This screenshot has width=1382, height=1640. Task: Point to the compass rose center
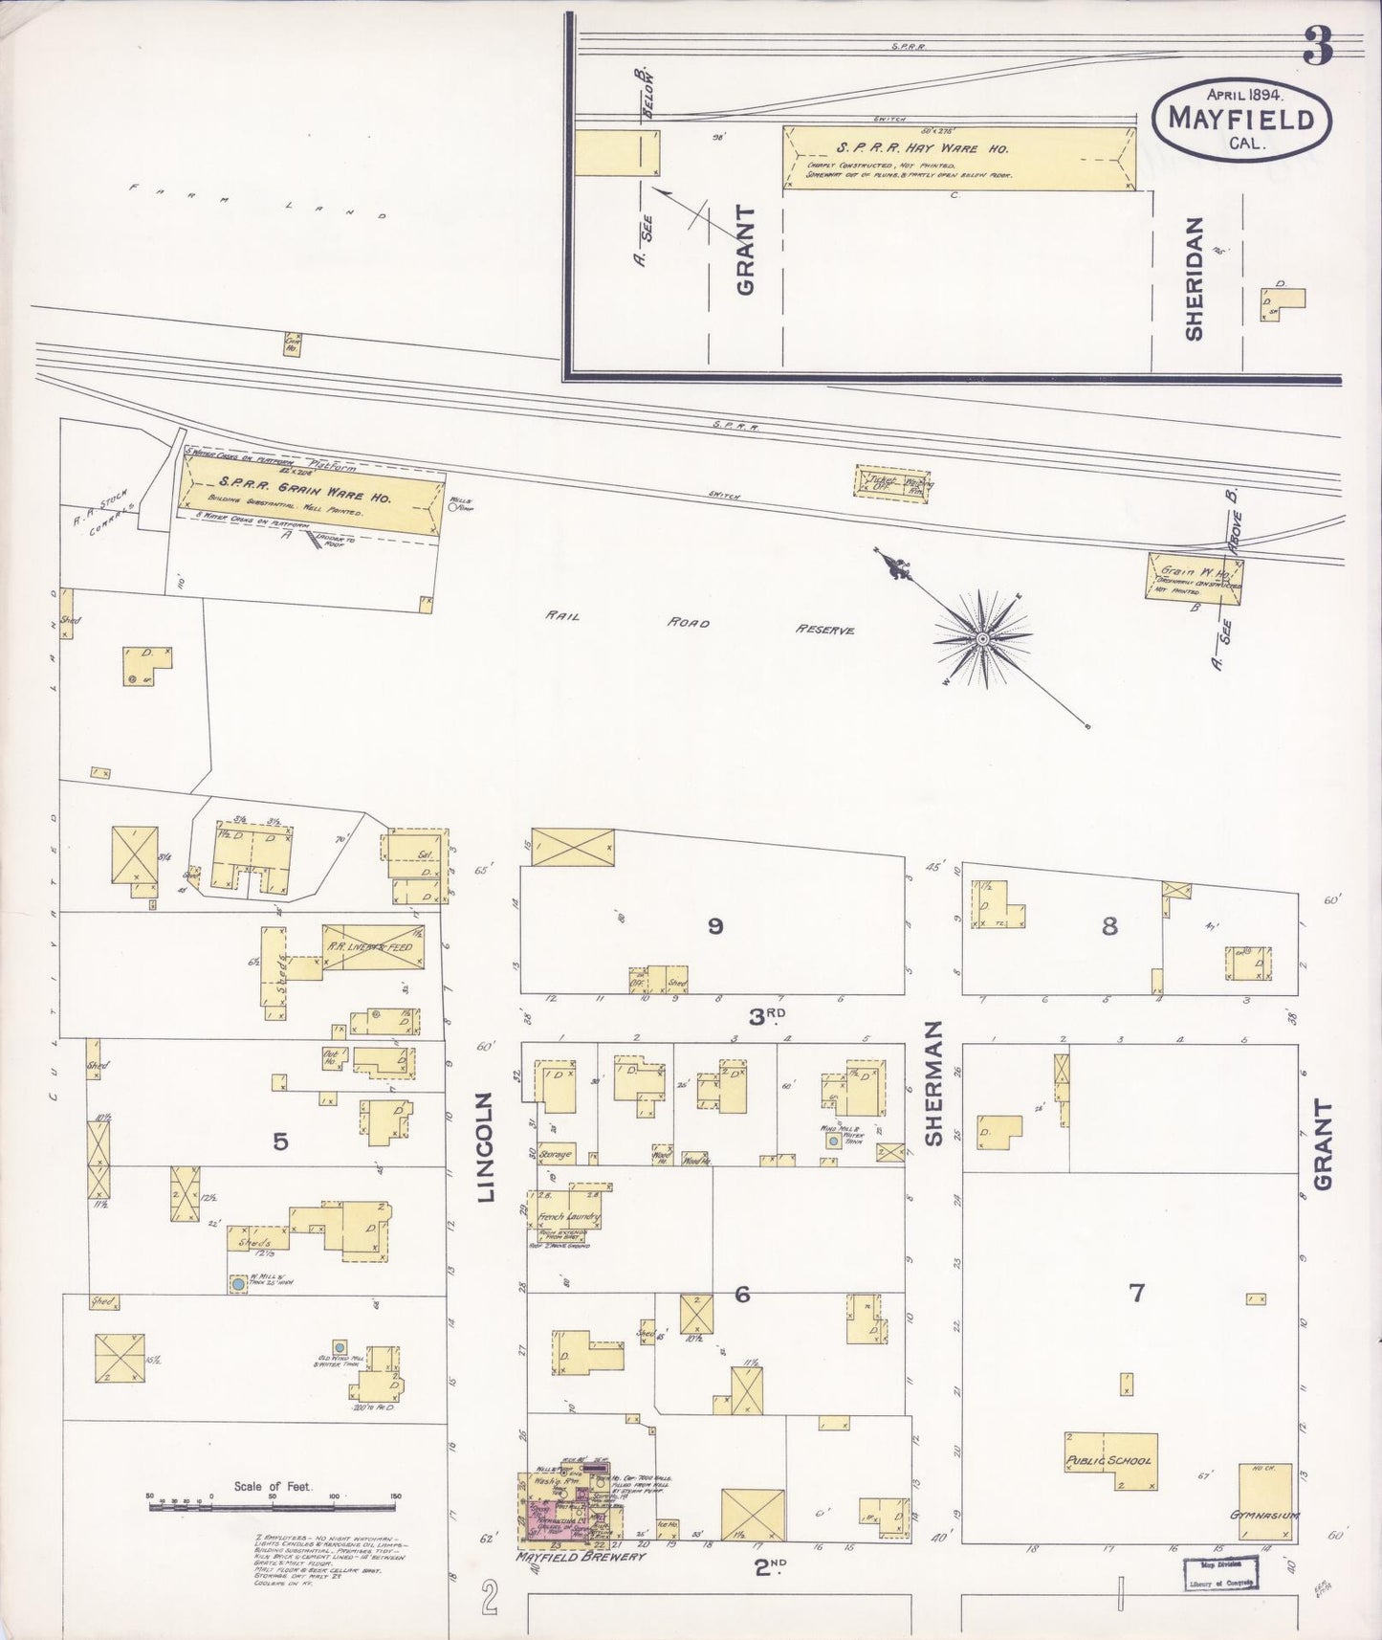coord(982,638)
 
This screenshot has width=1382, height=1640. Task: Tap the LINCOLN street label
coord(487,1147)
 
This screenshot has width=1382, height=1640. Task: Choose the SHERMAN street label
coord(933,1082)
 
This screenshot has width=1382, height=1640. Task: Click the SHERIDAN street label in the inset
coord(1194,277)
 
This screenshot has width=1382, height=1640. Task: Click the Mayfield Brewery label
coord(581,1557)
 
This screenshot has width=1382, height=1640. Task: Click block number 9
coord(714,925)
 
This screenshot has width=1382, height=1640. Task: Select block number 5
coord(279,1141)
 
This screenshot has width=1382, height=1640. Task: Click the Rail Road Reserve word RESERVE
coord(823,631)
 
